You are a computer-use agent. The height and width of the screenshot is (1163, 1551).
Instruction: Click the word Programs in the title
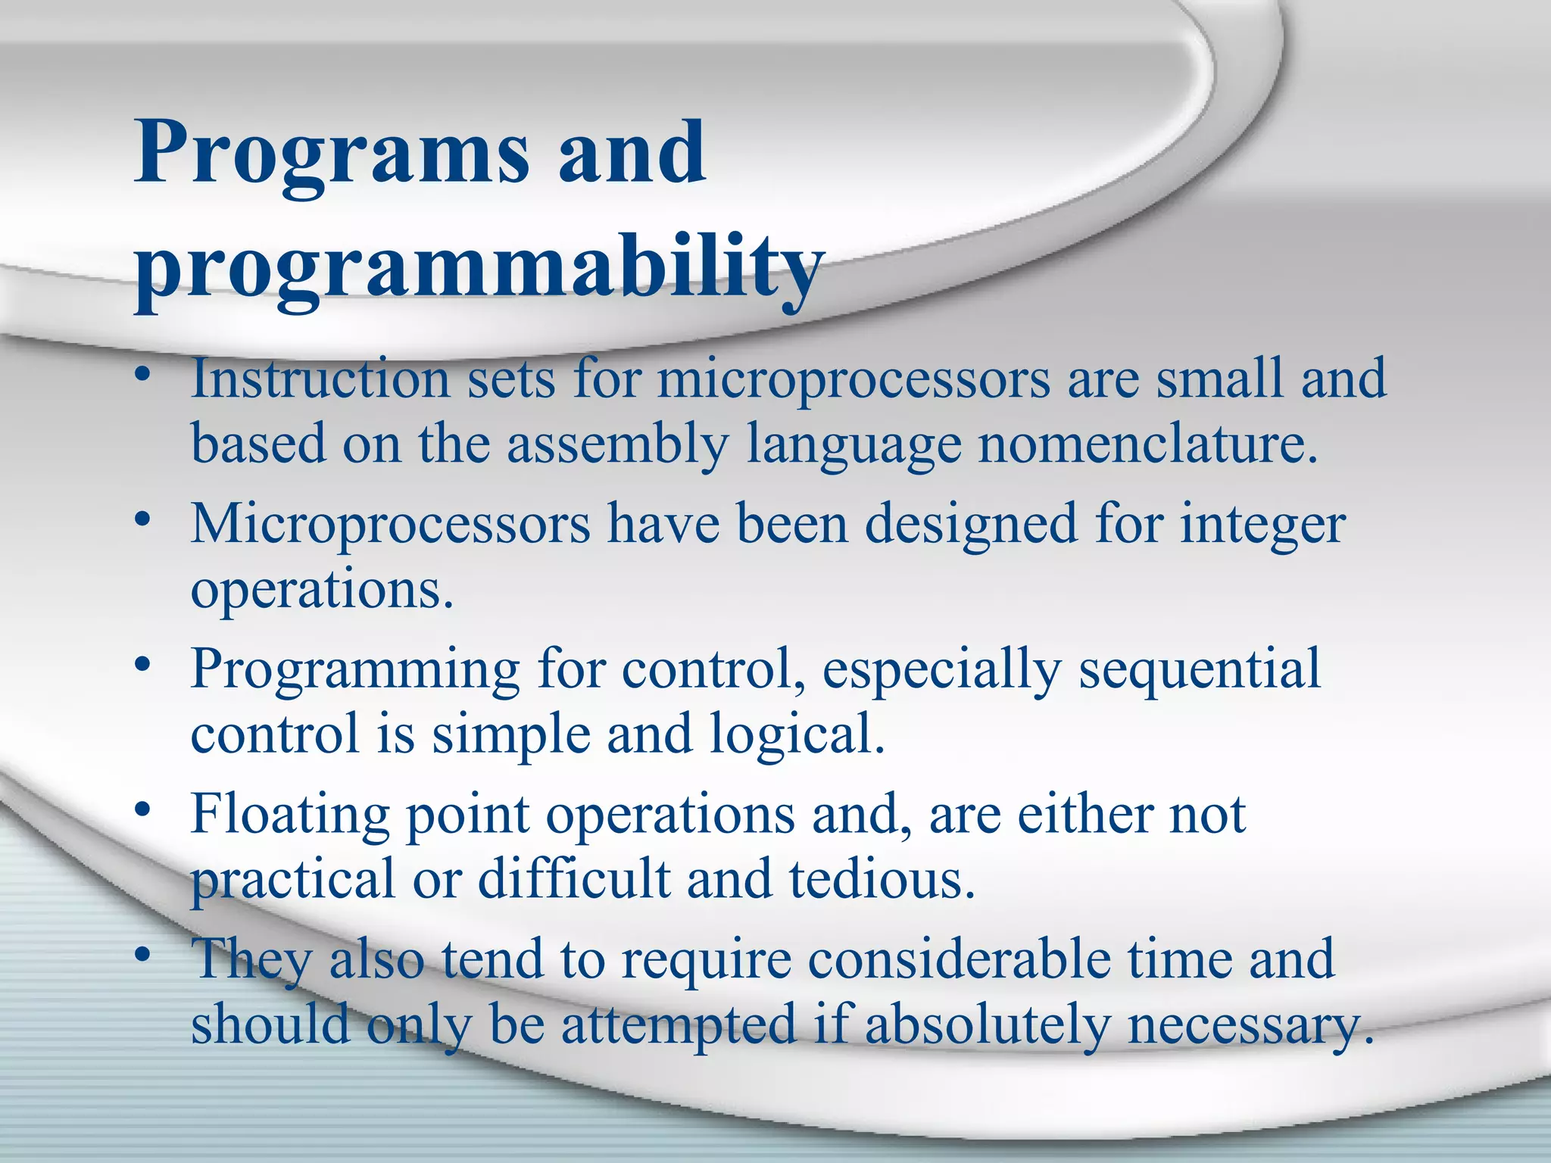pos(331,155)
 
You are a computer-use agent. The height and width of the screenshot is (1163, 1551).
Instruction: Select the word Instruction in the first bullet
pos(320,378)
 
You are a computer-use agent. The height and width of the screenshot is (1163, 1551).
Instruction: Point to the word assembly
pos(617,445)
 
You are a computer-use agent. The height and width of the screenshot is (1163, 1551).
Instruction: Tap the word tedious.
pos(882,880)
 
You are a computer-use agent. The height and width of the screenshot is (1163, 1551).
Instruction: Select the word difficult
pos(574,880)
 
